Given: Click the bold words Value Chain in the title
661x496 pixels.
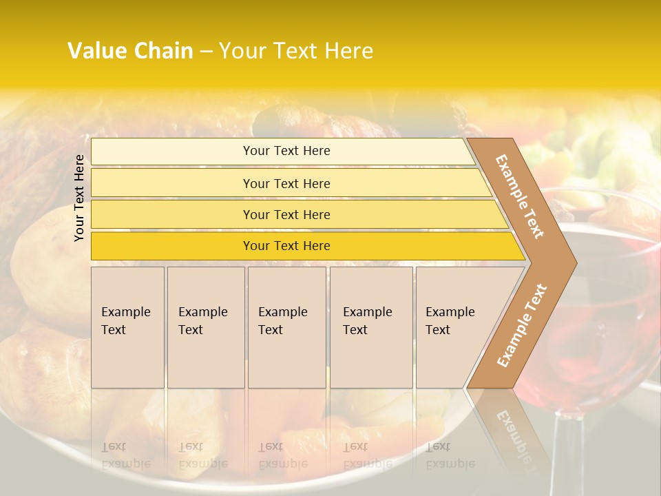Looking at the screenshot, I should tap(130, 51).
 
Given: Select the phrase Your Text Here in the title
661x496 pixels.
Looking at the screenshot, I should tap(295, 51).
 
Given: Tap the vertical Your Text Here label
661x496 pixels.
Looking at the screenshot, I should tap(79, 198).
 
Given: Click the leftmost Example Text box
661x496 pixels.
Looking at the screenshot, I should tap(127, 327).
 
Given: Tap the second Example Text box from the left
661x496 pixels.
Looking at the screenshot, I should tap(205, 327).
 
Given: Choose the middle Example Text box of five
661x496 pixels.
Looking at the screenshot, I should tap(286, 327).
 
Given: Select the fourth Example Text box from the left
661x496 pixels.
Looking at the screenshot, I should tap(370, 327).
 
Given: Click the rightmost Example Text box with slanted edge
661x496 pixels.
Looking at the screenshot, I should tap(454, 327).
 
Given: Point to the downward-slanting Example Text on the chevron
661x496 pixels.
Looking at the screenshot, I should tap(520, 197).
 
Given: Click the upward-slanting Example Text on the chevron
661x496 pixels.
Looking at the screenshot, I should tap(521, 326).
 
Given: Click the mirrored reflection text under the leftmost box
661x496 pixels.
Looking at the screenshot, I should tap(126, 455).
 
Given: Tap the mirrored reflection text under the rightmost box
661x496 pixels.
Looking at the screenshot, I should tap(450, 455).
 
